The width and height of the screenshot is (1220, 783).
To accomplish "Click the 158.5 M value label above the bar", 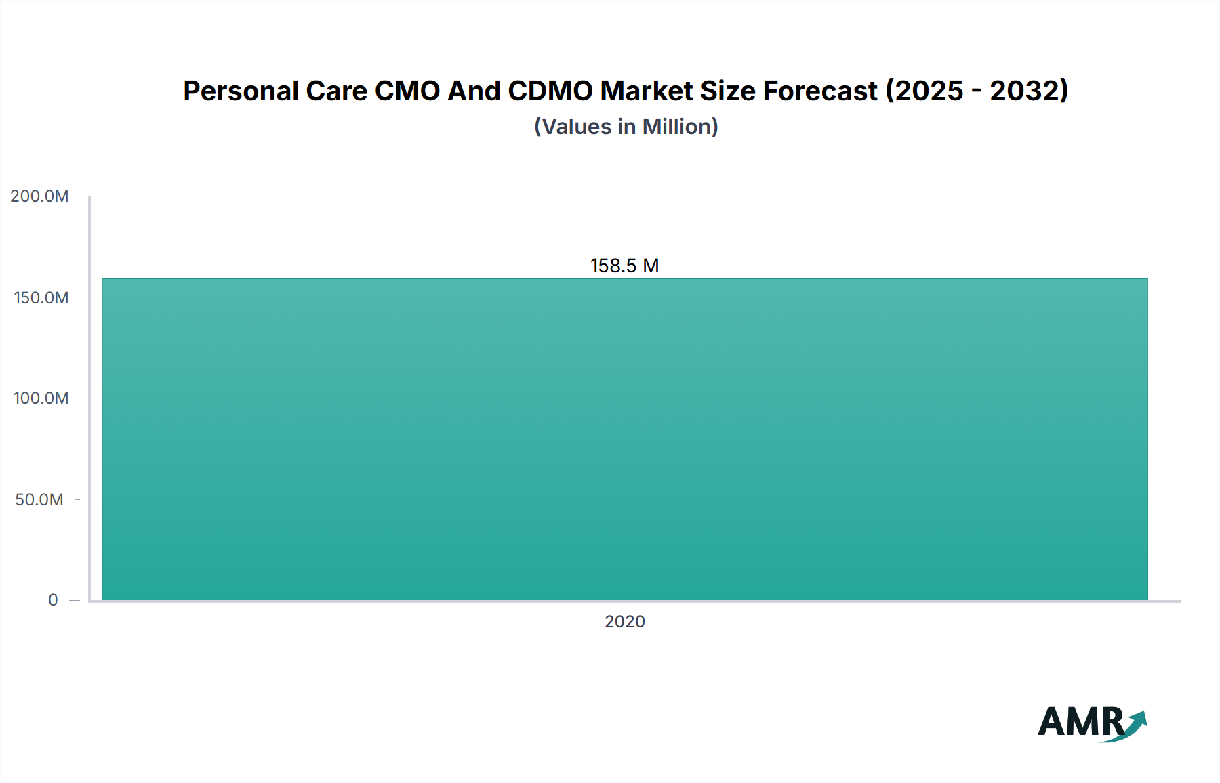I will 624,266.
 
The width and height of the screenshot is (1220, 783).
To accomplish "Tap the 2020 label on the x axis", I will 624,621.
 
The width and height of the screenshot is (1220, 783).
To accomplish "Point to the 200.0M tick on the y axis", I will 39,196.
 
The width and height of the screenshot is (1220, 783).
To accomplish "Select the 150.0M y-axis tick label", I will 41,298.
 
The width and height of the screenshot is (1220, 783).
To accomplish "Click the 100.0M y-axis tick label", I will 41,398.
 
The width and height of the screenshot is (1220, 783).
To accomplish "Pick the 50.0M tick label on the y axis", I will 39,500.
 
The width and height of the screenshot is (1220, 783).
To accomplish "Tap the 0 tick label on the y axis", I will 53,600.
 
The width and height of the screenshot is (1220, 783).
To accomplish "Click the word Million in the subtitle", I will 676,127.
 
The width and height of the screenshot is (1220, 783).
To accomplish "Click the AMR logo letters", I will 1080,722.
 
